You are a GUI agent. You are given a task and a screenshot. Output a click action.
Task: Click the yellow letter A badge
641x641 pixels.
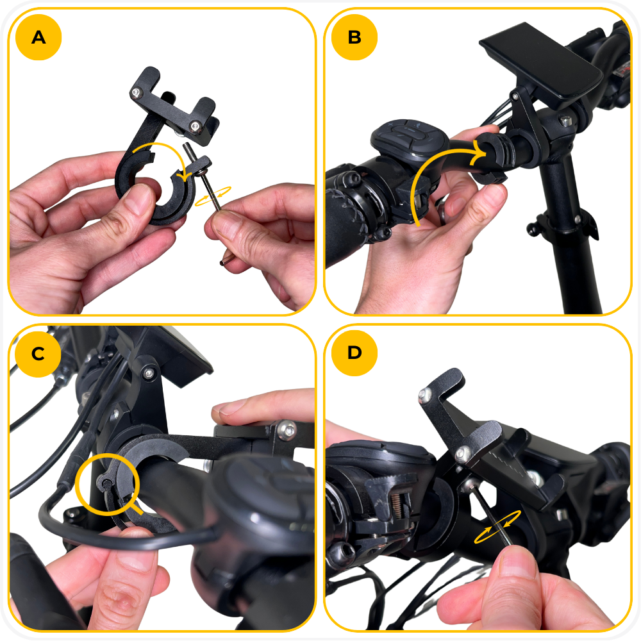click(38, 37)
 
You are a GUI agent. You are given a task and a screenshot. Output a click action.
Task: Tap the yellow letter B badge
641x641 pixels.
click(354, 37)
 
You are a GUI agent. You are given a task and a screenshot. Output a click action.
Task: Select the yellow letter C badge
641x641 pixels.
click(38, 354)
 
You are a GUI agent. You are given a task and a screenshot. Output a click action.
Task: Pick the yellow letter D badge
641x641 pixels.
click(354, 353)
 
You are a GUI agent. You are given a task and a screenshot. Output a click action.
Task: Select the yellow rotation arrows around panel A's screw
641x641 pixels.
click(213, 197)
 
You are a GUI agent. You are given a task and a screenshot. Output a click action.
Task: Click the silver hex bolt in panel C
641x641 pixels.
click(287, 431)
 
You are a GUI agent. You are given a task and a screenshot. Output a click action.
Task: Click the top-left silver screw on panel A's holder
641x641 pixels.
click(135, 93)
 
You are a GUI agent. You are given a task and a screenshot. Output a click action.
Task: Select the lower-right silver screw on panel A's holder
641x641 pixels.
click(196, 126)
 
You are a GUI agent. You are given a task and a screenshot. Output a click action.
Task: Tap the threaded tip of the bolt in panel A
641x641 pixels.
click(187, 149)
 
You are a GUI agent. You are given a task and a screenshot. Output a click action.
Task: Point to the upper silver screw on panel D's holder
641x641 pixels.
click(425, 394)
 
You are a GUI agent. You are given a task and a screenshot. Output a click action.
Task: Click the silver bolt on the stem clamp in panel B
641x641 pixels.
click(566, 121)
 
